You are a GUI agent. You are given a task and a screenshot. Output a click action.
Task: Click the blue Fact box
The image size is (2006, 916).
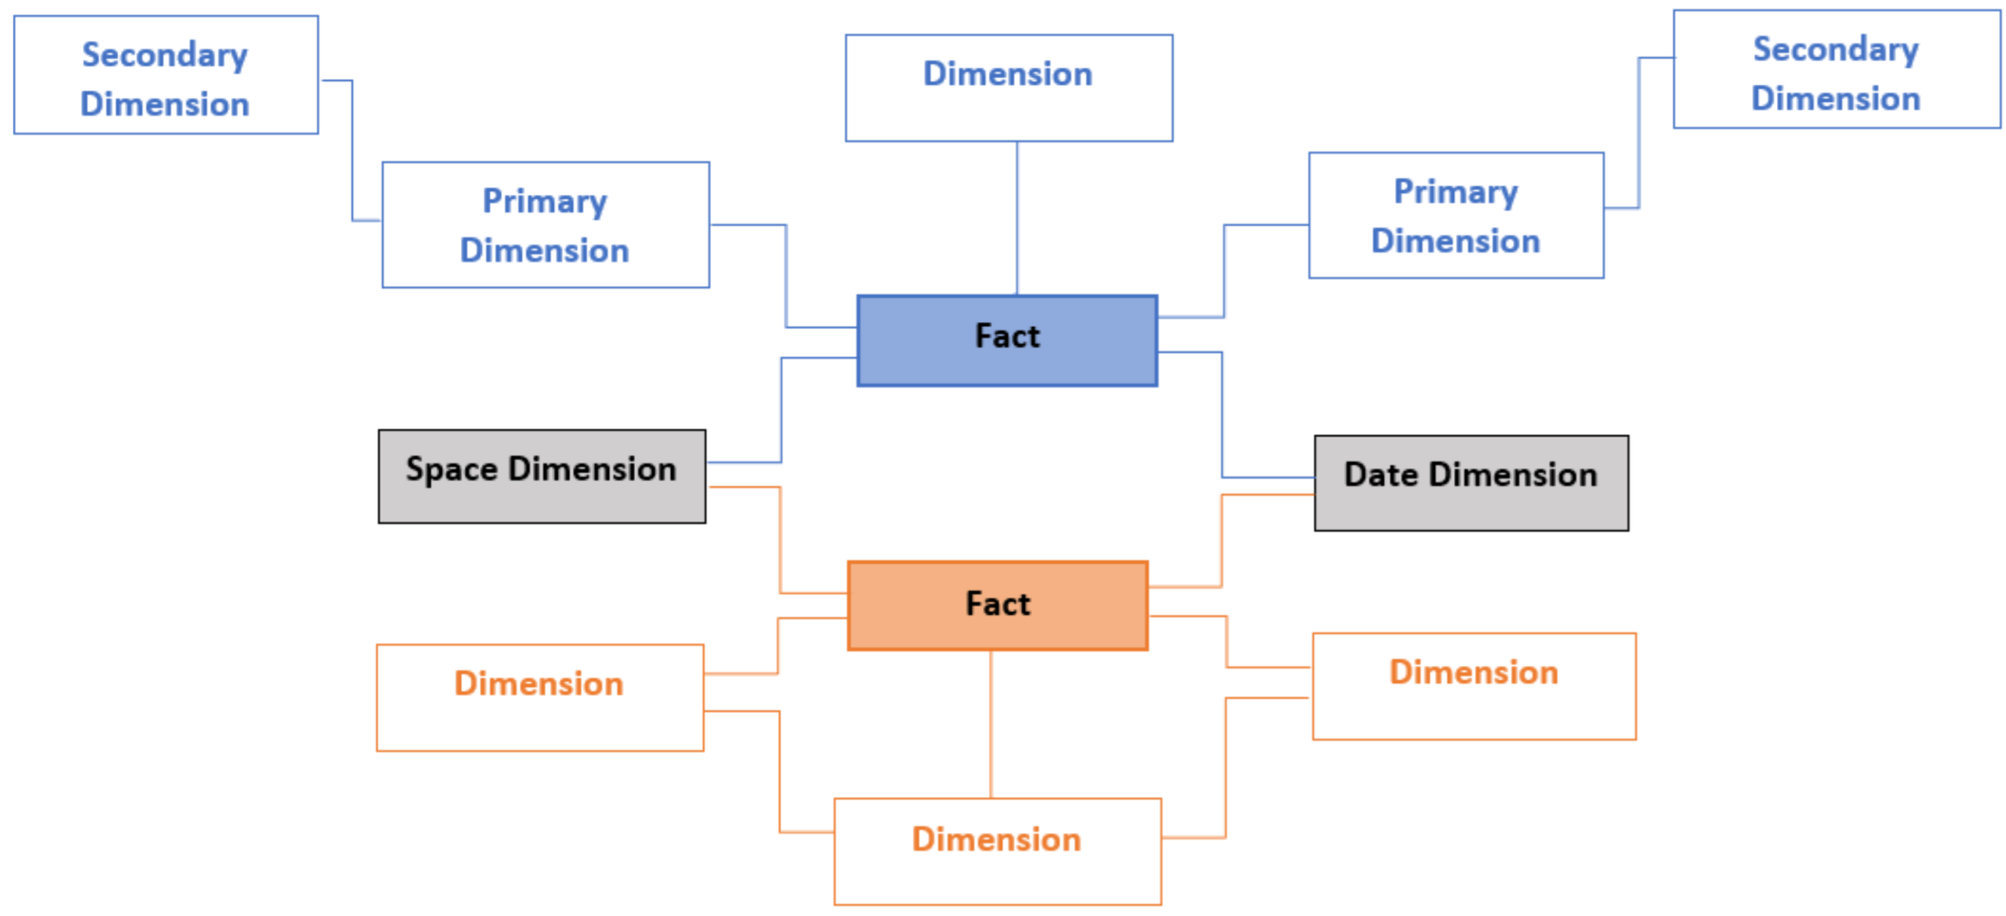pyautogui.click(x=1007, y=341)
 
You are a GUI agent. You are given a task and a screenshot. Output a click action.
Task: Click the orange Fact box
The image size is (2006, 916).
pyautogui.click(x=998, y=606)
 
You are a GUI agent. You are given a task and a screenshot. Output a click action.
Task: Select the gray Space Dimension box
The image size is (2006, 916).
pyautogui.click(x=542, y=477)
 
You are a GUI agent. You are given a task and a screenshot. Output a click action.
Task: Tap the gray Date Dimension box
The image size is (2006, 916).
pyautogui.click(x=1470, y=483)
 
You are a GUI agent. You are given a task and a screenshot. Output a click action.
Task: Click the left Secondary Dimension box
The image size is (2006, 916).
pyautogui.click(x=165, y=75)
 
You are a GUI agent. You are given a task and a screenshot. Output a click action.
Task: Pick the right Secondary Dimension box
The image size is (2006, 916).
pyautogui.click(x=1836, y=70)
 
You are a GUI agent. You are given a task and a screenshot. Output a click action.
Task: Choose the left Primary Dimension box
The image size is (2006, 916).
pyautogui.click(x=546, y=225)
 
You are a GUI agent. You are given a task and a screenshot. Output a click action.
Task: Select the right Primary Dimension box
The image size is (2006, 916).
pyautogui.click(x=1456, y=216)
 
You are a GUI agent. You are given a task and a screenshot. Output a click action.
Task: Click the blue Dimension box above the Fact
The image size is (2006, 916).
pyautogui.click(x=1008, y=88)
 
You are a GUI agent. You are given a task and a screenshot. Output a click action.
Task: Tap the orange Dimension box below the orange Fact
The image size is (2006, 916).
pyautogui.click(x=998, y=851)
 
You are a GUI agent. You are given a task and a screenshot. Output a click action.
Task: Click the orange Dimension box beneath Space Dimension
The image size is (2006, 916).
pyautogui.click(x=540, y=698)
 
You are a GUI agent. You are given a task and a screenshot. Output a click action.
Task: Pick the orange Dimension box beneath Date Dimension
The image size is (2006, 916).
pyautogui.click(x=1474, y=687)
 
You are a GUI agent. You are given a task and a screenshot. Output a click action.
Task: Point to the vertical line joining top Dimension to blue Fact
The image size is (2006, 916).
pyautogui.click(x=1017, y=218)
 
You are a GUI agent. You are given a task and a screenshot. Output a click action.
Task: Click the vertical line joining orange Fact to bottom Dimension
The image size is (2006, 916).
pyautogui.click(x=990, y=725)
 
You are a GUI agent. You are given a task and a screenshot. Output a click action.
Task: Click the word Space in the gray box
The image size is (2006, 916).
pyautogui.click(x=452, y=470)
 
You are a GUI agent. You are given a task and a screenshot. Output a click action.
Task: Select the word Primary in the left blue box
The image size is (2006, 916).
pyautogui.click(x=545, y=202)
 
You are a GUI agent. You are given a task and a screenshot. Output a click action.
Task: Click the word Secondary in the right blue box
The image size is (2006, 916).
pyautogui.click(x=1836, y=50)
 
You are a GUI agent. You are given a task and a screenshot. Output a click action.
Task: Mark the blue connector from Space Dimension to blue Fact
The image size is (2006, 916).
pyautogui.click(x=781, y=409)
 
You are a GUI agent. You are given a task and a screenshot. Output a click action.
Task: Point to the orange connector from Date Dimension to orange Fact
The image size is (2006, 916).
pyautogui.click(x=1221, y=541)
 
